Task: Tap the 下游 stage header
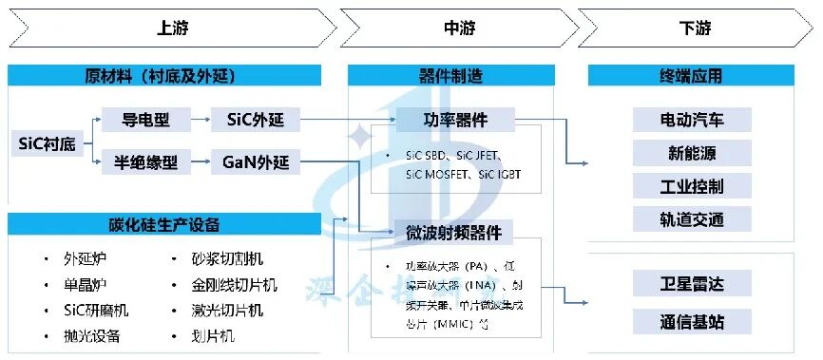[696, 27]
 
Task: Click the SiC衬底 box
[45, 143]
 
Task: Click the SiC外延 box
[256, 120]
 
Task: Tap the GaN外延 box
[256, 163]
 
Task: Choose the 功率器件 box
[454, 120]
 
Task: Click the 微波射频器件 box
[454, 232]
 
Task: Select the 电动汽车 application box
[692, 120]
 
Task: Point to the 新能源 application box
[692, 153]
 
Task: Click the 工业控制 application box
[692, 185]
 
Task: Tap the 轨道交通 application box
[692, 218]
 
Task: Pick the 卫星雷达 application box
[692, 282]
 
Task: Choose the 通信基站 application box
[692, 322]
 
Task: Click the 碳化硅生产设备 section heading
[164, 225]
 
